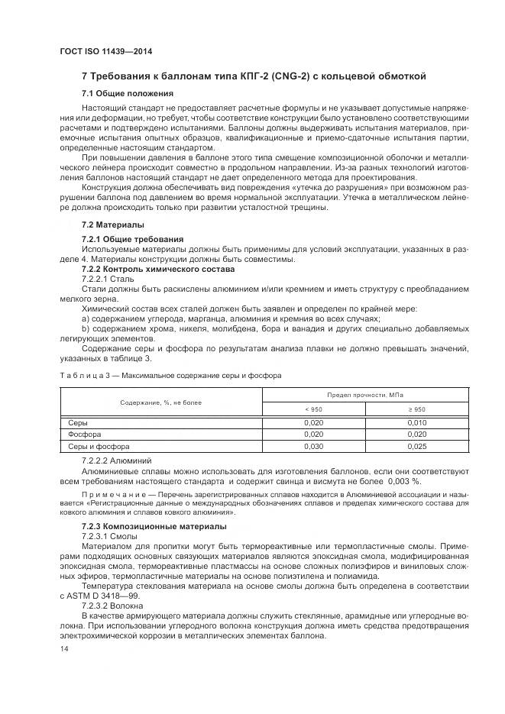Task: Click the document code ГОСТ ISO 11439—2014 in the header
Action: click(x=99, y=50)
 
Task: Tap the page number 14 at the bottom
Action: click(x=64, y=648)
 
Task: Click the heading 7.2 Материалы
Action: click(x=112, y=225)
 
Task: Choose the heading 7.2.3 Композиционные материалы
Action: click(x=154, y=526)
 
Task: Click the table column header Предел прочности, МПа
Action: click(x=365, y=394)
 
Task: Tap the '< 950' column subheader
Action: click(x=313, y=409)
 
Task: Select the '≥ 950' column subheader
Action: click(x=416, y=409)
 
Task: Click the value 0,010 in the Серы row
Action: click(x=416, y=422)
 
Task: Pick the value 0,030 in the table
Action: click(x=313, y=446)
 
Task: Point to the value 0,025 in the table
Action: click(x=416, y=446)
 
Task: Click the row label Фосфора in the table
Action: click(x=85, y=435)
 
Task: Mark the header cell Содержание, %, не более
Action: click(x=160, y=402)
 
